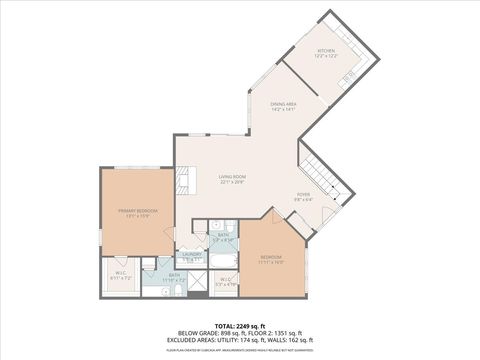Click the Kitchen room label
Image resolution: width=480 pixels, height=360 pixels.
[326, 50]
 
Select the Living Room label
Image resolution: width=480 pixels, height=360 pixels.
[233, 177]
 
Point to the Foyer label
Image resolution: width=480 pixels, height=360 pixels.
[303, 195]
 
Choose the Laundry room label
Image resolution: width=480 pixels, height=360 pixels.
[189, 255]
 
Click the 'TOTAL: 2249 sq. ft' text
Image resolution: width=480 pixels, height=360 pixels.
[240, 325]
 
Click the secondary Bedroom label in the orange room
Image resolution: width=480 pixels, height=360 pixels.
[272, 256]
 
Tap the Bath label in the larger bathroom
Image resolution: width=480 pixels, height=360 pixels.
[174, 274]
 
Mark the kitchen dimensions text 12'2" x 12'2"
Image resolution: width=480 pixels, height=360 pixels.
[326, 56]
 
